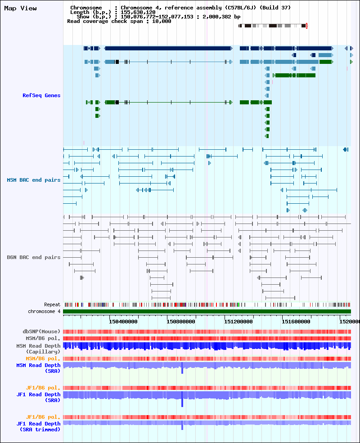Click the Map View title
click(20, 8)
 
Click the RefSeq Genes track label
click(41, 95)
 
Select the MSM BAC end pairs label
click(34, 180)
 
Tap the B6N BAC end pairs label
click(34, 257)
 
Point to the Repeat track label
click(52, 304)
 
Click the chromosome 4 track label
click(44, 311)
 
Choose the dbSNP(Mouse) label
click(41, 331)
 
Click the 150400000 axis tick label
click(123, 322)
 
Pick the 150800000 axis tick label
click(181, 322)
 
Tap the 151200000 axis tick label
click(238, 322)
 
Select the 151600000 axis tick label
click(296, 322)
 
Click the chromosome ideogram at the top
click(272, 26)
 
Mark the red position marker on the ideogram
click(306, 26)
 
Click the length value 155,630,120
click(138, 12)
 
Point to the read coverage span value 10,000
click(162, 21)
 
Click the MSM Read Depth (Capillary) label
click(38, 349)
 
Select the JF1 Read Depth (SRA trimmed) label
click(38, 427)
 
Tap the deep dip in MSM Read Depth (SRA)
click(182, 369)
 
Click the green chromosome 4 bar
click(207, 311)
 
